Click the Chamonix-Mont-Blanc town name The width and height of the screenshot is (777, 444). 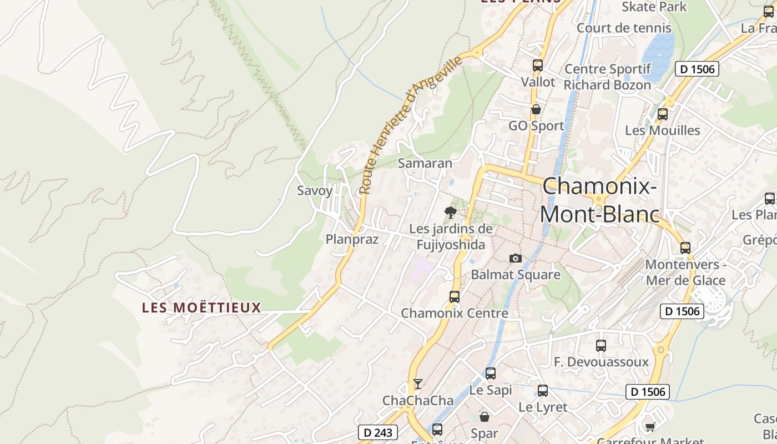(599, 200)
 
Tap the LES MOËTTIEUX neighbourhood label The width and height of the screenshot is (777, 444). (201, 307)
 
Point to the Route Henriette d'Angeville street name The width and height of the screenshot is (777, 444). (411, 125)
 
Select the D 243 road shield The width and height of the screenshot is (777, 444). (379, 432)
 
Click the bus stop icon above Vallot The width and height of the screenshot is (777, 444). (537, 65)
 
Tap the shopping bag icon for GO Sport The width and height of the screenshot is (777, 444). (536, 109)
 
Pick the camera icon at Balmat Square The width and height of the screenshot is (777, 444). (516, 258)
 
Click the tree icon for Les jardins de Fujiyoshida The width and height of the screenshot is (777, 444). (451, 212)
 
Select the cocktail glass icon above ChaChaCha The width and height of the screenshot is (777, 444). (418, 384)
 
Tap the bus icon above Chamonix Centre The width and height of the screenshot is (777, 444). (455, 296)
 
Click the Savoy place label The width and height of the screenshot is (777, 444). (315, 191)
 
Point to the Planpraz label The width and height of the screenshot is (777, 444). (352, 239)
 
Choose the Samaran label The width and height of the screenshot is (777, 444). (425, 163)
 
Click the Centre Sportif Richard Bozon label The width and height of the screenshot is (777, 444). (607, 77)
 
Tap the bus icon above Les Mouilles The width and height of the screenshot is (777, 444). (662, 114)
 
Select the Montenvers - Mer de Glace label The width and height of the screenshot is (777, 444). (685, 273)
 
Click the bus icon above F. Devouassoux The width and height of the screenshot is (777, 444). (601, 346)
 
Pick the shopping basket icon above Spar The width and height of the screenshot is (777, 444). (485, 416)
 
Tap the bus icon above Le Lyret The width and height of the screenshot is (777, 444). (543, 390)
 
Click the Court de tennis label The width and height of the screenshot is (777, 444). (624, 28)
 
